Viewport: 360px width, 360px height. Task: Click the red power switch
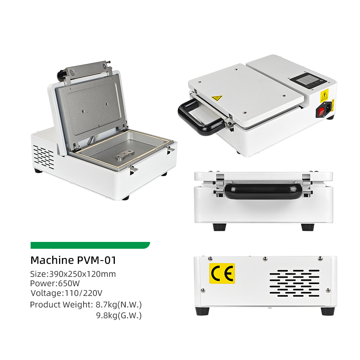(x=321, y=112)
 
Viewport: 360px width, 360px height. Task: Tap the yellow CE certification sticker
(x=222, y=274)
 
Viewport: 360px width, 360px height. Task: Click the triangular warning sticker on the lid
(x=217, y=98)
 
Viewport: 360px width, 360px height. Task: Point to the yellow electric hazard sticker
(x=324, y=95)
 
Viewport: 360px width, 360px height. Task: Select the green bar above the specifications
(x=90, y=245)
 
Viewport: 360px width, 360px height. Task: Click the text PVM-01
(x=96, y=260)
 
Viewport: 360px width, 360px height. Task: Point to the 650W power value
(x=69, y=283)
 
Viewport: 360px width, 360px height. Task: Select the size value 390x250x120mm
(x=82, y=274)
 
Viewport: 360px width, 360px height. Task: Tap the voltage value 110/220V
(x=84, y=293)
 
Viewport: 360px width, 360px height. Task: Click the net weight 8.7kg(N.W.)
(x=118, y=305)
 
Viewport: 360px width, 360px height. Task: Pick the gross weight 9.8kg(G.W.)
(x=119, y=316)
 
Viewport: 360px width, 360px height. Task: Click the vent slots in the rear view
(x=294, y=283)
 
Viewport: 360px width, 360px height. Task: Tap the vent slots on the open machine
(x=44, y=157)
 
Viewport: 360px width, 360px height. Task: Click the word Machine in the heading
(x=52, y=260)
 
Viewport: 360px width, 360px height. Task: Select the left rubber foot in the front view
(x=220, y=227)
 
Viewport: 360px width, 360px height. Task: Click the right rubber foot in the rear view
(x=328, y=311)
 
